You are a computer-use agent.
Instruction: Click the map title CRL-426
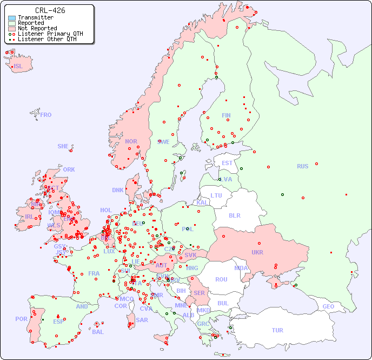50,10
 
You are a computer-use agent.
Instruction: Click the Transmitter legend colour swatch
12,17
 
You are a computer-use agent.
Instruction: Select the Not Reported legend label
37,28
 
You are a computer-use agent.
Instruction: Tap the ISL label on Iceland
18,67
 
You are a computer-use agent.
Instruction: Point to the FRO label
46,115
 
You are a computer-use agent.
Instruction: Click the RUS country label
302,166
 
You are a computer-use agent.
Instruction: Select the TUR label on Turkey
277,330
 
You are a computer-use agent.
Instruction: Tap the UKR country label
257,252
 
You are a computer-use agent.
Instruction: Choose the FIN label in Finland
226,115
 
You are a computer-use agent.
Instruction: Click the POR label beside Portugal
21,319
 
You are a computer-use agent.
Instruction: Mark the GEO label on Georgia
328,306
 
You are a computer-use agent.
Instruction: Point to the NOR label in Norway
131,141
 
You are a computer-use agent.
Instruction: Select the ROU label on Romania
221,279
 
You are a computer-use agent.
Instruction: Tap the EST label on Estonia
227,163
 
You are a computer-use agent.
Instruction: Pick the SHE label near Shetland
63,146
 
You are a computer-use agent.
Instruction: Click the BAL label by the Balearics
98,332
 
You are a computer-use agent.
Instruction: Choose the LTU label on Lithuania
216,195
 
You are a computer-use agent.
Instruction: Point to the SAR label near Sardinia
142,319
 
